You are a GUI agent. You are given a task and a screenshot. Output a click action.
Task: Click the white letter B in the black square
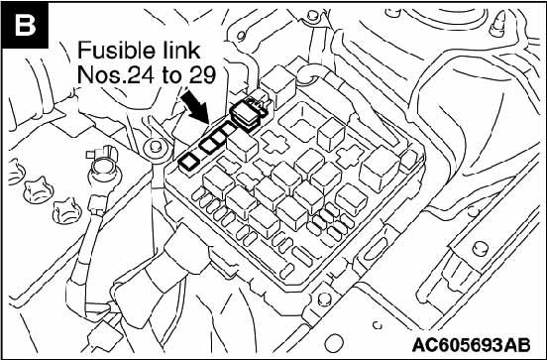pos(25,25)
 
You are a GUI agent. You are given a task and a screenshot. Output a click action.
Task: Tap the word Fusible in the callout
pos(117,51)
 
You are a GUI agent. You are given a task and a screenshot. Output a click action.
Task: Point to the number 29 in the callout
pos(203,74)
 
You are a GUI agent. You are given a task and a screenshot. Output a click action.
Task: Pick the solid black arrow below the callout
pos(194,106)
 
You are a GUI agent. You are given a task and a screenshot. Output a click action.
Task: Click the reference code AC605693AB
pos(472,345)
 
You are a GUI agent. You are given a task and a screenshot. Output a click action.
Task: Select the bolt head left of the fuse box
pos(155,149)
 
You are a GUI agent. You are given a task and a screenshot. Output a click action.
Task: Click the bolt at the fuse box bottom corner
pos(324,300)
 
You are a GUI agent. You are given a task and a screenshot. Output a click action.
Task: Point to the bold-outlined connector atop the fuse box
pos(249,112)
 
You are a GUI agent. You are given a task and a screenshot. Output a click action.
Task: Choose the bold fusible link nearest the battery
pos(189,162)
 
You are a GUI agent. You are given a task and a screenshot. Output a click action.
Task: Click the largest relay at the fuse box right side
pos(380,169)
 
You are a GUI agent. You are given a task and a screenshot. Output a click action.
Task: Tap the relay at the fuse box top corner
pos(278,89)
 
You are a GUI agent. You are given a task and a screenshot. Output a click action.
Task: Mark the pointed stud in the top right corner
pos(498,24)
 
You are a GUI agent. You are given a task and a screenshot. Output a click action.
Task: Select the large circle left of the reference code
pos(334,343)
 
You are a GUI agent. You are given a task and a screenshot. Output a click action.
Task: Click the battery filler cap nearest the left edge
pos(15,172)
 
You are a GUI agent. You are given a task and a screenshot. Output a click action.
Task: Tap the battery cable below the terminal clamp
pos(88,241)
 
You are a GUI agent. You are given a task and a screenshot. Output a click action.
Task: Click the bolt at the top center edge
pos(312,15)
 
